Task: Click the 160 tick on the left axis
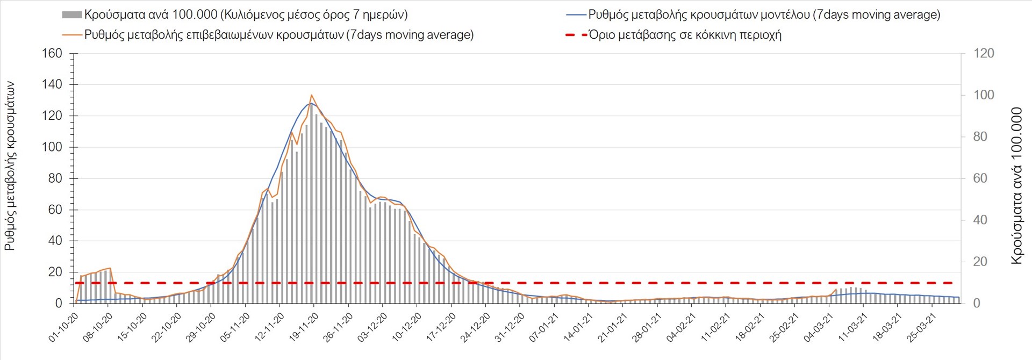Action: pyautogui.click(x=52, y=54)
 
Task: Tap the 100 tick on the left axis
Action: pyautogui.click(x=52, y=147)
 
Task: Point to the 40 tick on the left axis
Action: pyautogui.click(x=55, y=241)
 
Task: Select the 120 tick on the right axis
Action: pyautogui.click(x=984, y=54)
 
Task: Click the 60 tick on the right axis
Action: pyautogui.click(x=981, y=178)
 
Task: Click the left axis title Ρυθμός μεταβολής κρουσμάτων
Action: pyautogui.click(x=10, y=167)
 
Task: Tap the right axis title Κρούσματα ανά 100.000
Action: pyautogui.click(x=1016, y=186)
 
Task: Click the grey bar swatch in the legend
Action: pyautogui.click(x=71, y=15)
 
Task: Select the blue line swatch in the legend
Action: pyautogui.click(x=576, y=15)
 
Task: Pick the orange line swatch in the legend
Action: pyautogui.click(x=71, y=35)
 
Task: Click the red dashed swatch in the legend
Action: pyautogui.click(x=576, y=35)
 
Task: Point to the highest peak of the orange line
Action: pyautogui.click(x=312, y=95)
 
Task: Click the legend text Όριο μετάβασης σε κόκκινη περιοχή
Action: pyautogui.click(x=685, y=35)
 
